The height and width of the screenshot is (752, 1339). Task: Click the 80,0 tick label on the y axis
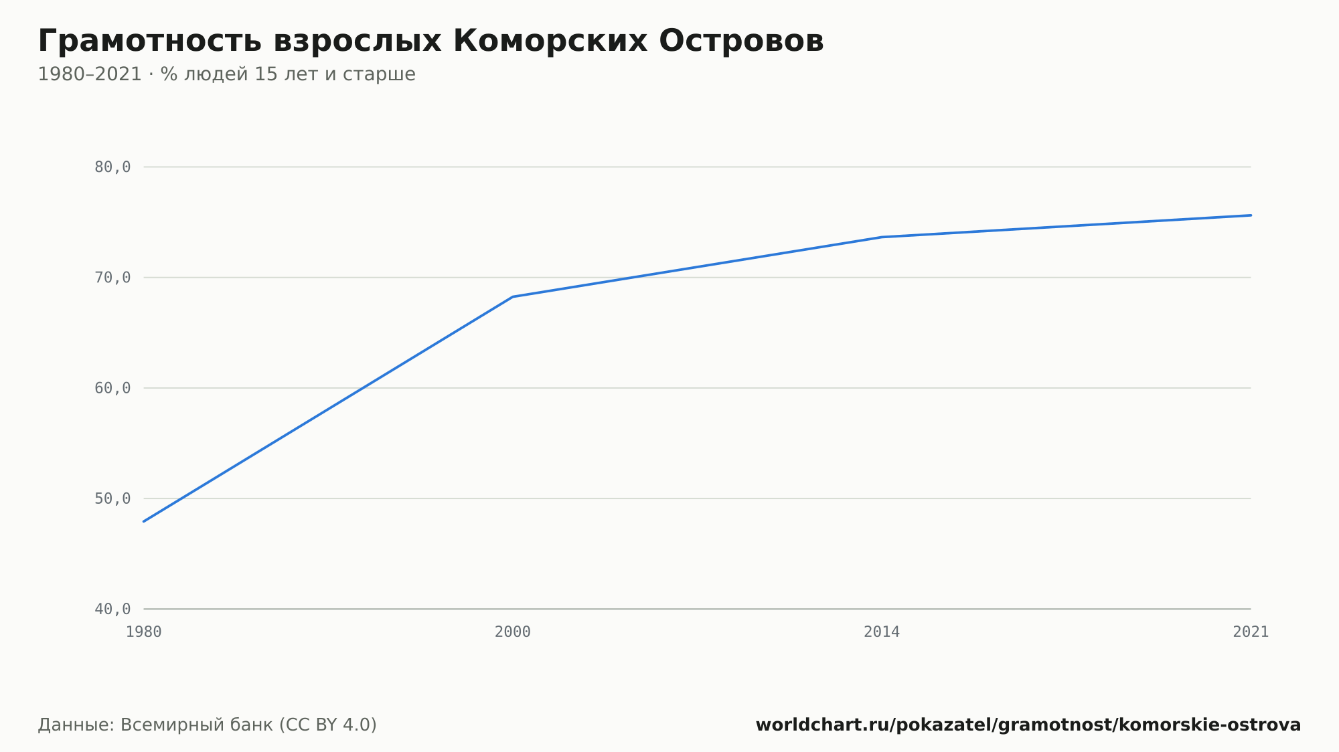point(112,167)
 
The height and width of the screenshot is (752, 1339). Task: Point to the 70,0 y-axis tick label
point(112,278)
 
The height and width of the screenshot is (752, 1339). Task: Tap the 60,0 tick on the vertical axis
point(112,388)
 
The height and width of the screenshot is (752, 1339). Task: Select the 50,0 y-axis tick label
point(112,498)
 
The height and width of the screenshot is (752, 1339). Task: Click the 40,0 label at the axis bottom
point(112,609)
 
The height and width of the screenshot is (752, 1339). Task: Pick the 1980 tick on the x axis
point(144,632)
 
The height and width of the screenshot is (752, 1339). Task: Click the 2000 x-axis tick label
point(513,632)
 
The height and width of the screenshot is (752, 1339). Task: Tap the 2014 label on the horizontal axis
point(882,632)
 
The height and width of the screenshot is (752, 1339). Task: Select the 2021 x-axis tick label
point(1251,632)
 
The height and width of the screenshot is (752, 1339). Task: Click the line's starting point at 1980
point(144,521)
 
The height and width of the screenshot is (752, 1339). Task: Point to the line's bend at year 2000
point(513,296)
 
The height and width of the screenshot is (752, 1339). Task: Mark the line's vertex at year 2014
point(882,237)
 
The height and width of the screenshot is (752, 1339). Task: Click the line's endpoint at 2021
point(1251,215)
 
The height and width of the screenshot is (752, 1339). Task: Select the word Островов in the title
point(741,41)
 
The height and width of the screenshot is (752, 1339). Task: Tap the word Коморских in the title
point(550,41)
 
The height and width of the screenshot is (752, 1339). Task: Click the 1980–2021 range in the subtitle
point(90,74)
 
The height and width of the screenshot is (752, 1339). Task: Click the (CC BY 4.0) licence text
point(327,725)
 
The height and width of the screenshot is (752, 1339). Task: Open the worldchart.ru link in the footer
point(1028,725)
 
